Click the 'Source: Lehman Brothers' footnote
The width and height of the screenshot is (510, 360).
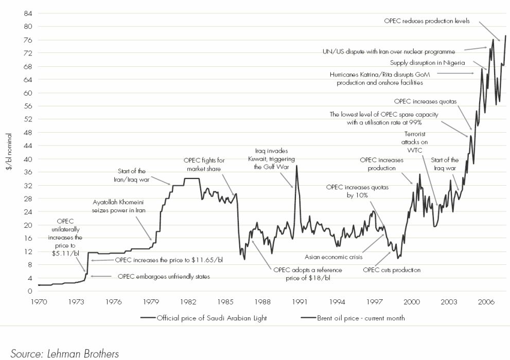pyautogui.click(x=65, y=353)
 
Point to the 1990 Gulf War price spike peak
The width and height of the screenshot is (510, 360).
pyautogui.click(x=296, y=166)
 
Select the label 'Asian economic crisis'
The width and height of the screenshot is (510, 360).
pyautogui.click(x=334, y=257)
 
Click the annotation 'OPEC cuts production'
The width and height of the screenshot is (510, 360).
pyautogui.click(x=392, y=269)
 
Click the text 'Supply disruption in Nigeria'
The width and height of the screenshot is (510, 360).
pyautogui.click(x=427, y=63)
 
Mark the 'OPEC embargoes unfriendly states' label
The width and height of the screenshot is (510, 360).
pyautogui.click(x=164, y=277)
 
